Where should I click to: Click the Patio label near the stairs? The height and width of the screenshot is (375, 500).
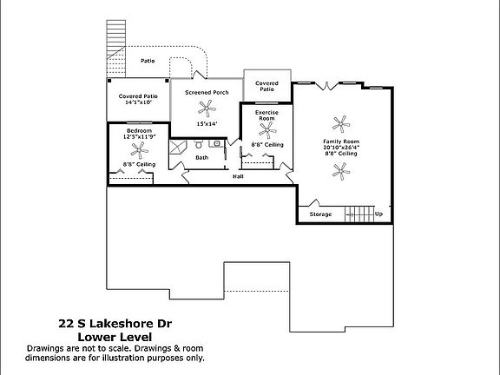tap(148, 61)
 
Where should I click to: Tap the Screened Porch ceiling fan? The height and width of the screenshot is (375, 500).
tap(207, 109)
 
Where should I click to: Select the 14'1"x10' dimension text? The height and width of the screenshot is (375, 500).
tap(138, 102)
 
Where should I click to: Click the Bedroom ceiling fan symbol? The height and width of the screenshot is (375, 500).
tap(140, 150)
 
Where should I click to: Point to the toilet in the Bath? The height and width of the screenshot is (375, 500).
tap(199, 144)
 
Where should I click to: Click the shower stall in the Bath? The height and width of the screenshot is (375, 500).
tap(178, 148)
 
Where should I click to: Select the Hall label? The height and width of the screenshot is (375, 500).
tap(238, 176)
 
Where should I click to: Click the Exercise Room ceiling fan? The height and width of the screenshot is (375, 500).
tap(267, 130)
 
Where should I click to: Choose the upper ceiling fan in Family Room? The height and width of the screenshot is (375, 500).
tap(341, 124)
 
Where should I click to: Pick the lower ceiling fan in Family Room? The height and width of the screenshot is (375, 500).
tap(341, 171)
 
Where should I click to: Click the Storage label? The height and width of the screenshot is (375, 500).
tap(320, 214)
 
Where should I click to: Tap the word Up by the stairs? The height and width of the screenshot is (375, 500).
tap(378, 214)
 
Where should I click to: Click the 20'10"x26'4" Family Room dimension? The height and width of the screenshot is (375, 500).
tap(341, 148)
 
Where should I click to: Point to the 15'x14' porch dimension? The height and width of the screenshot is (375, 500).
tap(207, 124)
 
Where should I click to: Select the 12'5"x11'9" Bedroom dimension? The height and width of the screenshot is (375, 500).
tap(140, 137)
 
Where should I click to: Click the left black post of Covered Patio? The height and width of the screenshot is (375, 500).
tap(109, 81)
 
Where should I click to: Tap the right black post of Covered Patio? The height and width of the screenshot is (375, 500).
tap(167, 81)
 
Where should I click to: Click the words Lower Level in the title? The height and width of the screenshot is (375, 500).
tap(115, 337)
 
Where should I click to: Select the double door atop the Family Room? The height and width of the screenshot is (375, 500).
tap(327, 86)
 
